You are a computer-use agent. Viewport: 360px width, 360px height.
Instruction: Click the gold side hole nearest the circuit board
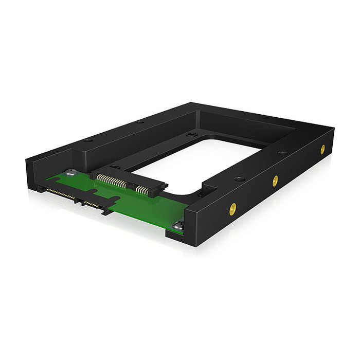(233, 208)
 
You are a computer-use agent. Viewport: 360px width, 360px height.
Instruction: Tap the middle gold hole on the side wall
(276, 181)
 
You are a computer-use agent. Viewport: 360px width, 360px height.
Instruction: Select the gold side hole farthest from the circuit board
(322, 150)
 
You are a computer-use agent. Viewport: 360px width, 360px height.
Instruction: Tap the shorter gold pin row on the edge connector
(91, 204)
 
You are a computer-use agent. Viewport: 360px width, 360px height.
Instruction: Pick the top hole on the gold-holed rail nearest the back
(283, 153)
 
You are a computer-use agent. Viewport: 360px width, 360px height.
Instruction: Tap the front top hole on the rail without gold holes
(89, 140)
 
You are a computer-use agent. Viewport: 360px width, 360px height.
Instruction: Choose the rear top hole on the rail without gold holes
(139, 122)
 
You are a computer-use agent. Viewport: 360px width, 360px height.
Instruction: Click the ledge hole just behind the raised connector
(116, 167)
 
